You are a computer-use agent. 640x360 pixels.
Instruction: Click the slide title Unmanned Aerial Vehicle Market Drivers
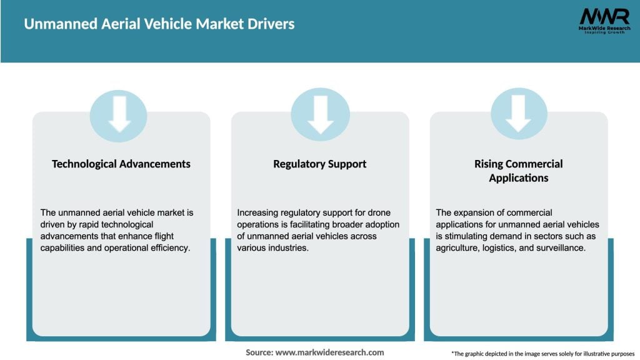point(159,24)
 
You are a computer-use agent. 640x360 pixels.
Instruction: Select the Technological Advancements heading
point(121,164)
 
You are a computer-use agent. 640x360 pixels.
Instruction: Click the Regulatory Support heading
point(319,164)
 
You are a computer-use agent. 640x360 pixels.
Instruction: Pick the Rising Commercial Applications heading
point(518,171)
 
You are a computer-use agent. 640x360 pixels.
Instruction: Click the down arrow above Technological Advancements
point(119,114)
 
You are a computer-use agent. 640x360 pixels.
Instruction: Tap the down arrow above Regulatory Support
point(320,114)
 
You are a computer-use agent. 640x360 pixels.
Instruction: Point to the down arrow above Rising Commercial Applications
point(519,114)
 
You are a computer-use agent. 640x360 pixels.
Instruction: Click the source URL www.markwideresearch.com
point(329,352)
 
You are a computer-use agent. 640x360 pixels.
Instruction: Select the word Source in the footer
point(259,352)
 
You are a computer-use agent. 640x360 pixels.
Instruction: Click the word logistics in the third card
point(501,247)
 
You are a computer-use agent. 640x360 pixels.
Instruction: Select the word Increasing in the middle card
point(259,212)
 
